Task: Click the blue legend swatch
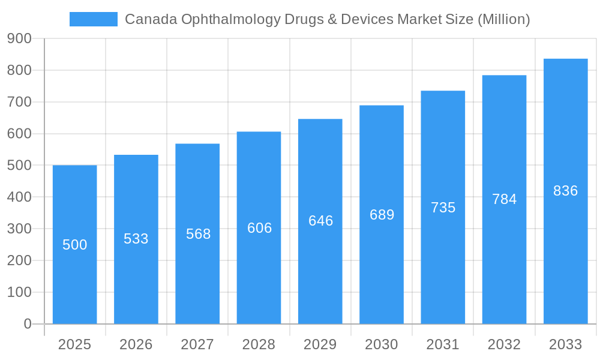pyautogui.click(x=93, y=19)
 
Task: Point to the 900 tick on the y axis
pyautogui.click(x=19, y=38)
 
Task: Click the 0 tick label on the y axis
pyautogui.click(x=27, y=324)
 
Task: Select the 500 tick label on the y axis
pyautogui.click(x=19, y=165)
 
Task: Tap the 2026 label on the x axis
pyautogui.click(x=136, y=344)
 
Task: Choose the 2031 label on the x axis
pyautogui.click(x=443, y=344)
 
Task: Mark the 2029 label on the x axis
pyautogui.click(x=320, y=344)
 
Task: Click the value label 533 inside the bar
pyautogui.click(x=136, y=239)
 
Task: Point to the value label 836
pyautogui.click(x=565, y=191)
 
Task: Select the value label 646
pyautogui.click(x=320, y=221)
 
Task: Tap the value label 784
pyautogui.click(x=504, y=199)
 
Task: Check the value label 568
pyautogui.click(x=198, y=234)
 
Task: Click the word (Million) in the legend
pyautogui.click(x=503, y=19)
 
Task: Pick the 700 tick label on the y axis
pyautogui.click(x=19, y=102)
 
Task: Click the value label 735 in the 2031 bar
pyautogui.click(x=443, y=208)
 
